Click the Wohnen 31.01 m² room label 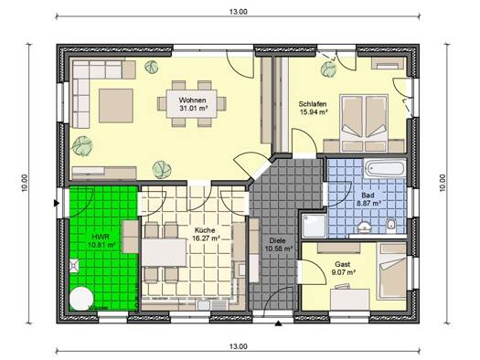[193, 104]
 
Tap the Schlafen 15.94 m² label [313, 108]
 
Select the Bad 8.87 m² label [368, 199]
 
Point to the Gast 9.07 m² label [343, 268]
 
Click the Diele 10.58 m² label [278, 244]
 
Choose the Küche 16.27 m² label [205, 234]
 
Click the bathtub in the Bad [385, 168]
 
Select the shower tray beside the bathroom [315, 226]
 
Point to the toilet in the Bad [391, 226]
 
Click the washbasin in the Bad [364, 227]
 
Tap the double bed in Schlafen [364, 123]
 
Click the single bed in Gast [392, 271]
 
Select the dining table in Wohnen [192, 103]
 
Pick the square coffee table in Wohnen [116, 105]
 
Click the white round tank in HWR [81, 299]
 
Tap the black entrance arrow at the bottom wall [278, 323]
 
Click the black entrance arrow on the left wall [56, 203]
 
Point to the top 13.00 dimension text [238, 12]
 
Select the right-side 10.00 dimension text [443, 183]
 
